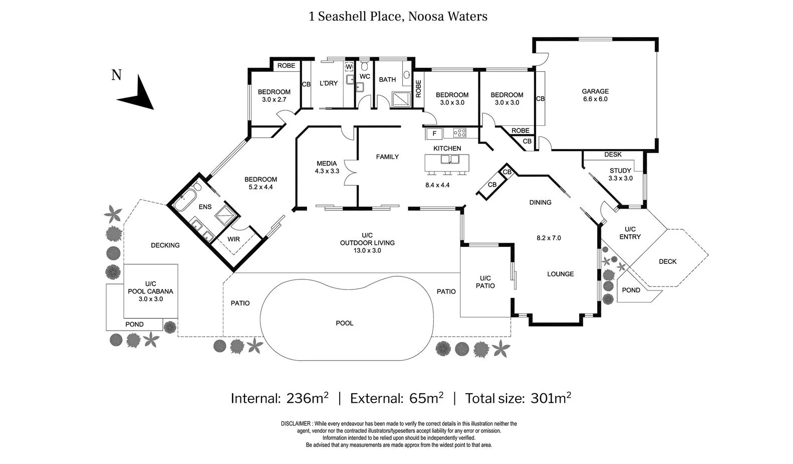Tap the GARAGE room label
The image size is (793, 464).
click(595, 91)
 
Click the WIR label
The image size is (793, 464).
click(233, 239)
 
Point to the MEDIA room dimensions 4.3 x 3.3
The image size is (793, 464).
click(327, 171)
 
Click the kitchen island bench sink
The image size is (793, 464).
click(450, 160)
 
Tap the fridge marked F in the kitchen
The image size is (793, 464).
click(434, 133)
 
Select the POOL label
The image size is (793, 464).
click(344, 323)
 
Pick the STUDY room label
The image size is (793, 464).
click(620, 171)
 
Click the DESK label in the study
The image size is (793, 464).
click(613, 154)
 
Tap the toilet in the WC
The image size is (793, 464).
click(365, 66)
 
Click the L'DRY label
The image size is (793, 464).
click(329, 83)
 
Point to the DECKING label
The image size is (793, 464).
click(165, 245)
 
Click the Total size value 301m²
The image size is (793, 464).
click(551, 398)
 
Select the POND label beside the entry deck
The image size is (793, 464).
click(631, 290)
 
